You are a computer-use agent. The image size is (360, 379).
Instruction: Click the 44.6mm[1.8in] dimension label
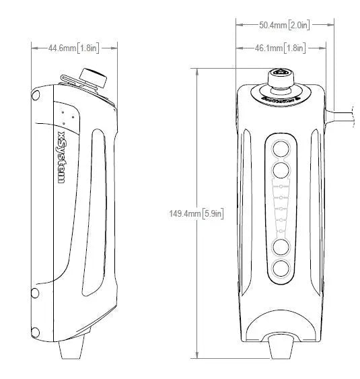pos(74,48)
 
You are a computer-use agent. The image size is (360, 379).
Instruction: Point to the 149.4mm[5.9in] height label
pos(196,213)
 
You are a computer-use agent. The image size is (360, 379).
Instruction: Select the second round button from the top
pos(281,168)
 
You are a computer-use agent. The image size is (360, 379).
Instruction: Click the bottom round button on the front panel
pos(281,269)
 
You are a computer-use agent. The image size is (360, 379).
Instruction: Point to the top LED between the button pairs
pos(282,183)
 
